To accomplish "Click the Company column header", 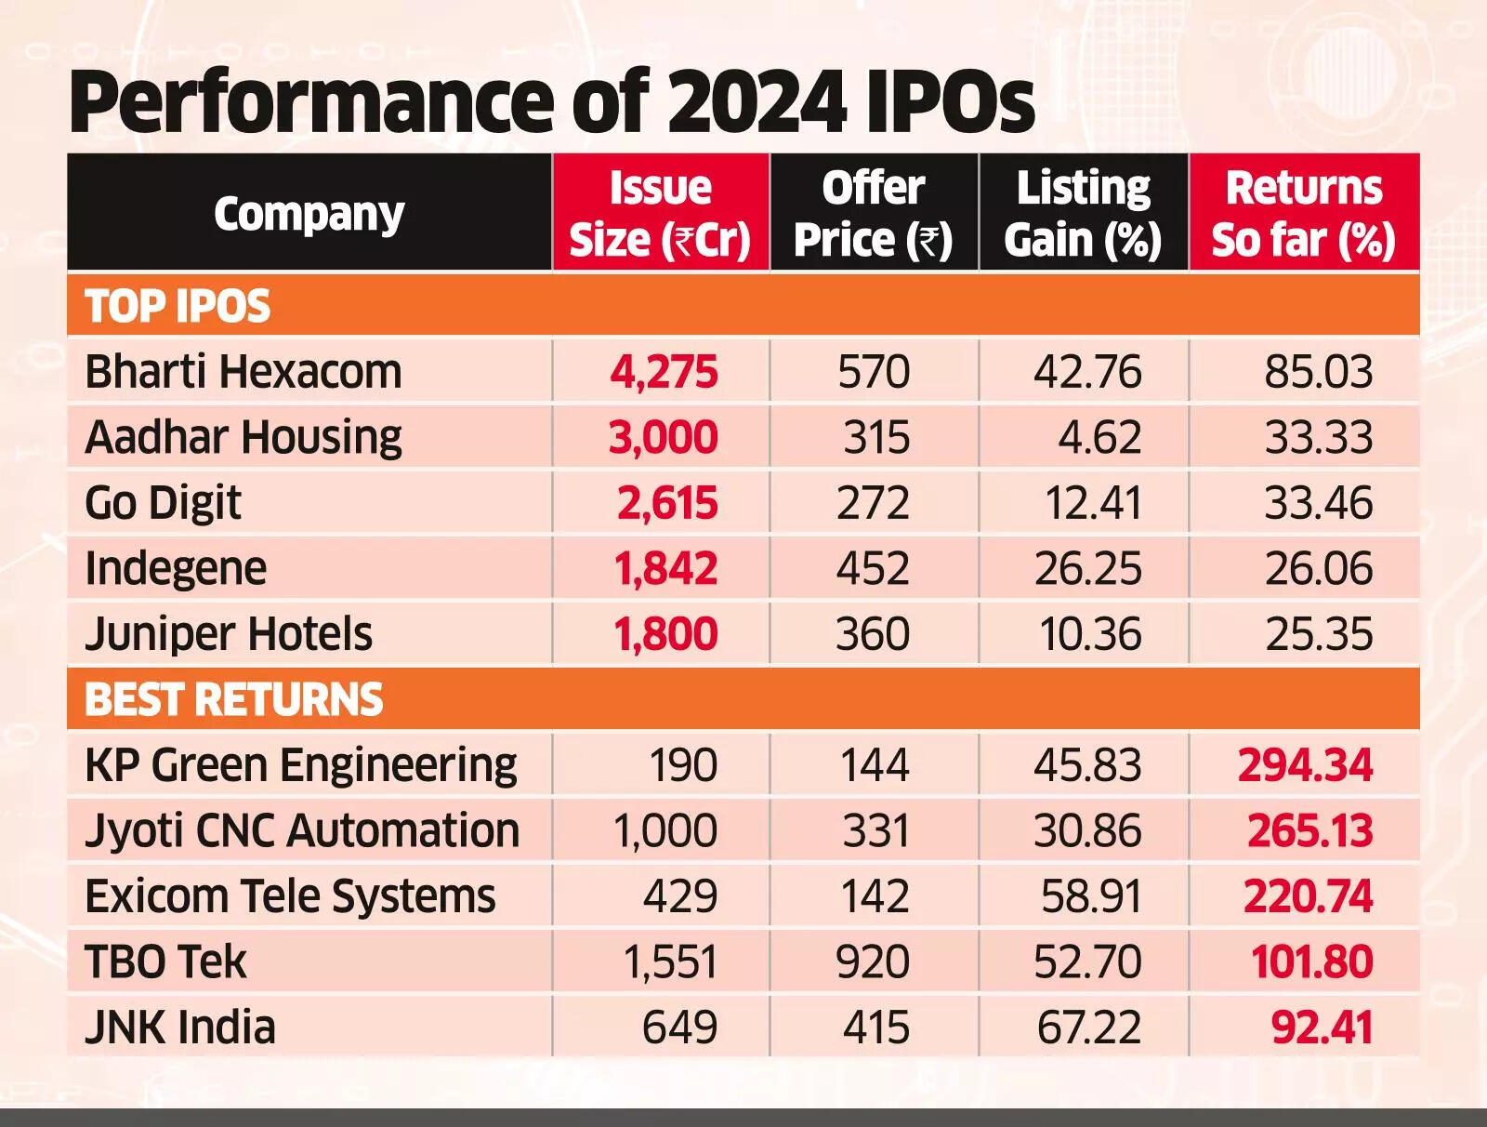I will click(309, 215).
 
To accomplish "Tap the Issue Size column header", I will click(660, 214).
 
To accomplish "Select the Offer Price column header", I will click(874, 214).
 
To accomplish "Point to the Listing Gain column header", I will click(1084, 214).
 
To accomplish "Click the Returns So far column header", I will click(1304, 214).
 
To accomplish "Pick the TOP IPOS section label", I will click(178, 306).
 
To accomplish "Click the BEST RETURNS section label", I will click(233, 699).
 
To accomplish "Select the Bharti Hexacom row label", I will click(243, 372).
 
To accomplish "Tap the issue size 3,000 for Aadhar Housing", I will click(664, 437).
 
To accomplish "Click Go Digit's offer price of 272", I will click(874, 503).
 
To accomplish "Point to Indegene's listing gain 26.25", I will click(1088, 568).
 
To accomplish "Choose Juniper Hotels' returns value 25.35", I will click(1319, 634).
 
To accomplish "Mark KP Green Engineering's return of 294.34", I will click(1305, 765).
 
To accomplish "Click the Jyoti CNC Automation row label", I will click(302, 830).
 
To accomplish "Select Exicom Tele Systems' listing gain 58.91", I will click(1091, 896).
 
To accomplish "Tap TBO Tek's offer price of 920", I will click(873, 961).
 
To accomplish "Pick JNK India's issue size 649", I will click(679, 1028).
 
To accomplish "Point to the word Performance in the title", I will click(312, 104).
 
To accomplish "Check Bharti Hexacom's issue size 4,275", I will click(664, 372).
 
